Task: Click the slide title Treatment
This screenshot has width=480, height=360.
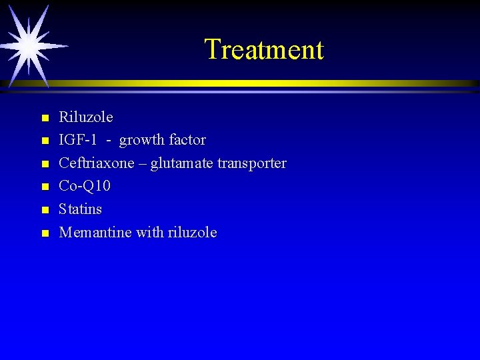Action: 263,49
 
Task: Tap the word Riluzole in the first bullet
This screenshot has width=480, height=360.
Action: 86,117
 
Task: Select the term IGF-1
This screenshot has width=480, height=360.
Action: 77,140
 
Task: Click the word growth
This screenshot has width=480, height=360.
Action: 141,141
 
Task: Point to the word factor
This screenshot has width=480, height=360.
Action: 187,140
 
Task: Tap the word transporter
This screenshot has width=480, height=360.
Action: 251,164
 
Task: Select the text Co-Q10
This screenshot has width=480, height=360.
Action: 85,186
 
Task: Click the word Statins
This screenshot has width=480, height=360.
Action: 81,209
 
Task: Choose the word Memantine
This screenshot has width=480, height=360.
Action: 95,233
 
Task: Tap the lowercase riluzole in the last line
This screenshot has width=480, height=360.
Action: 193,233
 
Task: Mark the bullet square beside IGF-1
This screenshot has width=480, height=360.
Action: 44,141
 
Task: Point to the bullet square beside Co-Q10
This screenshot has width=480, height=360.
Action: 44,187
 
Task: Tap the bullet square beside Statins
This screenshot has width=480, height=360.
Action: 44,211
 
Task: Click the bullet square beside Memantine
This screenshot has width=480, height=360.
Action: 44,233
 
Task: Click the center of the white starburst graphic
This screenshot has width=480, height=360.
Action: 29,45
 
